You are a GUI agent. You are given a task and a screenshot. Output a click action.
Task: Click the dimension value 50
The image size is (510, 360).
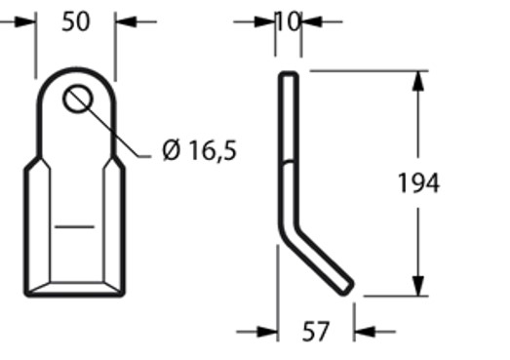tap(75, 20)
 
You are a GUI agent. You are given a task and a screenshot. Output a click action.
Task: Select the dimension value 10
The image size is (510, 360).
tap(289, 20)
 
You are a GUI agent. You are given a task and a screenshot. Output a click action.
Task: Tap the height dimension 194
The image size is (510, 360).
tap(419, 182)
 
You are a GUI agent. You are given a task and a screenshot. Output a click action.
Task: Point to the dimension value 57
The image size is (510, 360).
tap(314, 333)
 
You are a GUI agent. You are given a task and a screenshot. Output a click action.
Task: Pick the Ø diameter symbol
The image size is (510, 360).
tap(171, 151)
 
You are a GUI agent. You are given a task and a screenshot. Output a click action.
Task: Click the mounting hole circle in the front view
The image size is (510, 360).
tap(77, 99)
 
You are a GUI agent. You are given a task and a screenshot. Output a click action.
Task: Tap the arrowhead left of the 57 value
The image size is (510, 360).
tap(267, 333)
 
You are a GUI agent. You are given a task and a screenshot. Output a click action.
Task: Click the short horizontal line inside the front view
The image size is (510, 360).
tap(74, 226)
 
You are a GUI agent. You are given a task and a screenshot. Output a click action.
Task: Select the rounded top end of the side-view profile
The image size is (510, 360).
tap(289, 75)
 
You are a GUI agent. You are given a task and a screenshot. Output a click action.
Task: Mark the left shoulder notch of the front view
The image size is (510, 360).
tap(32, 161)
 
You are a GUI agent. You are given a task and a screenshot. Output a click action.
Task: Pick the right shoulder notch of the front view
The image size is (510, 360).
tap(118, 161)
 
